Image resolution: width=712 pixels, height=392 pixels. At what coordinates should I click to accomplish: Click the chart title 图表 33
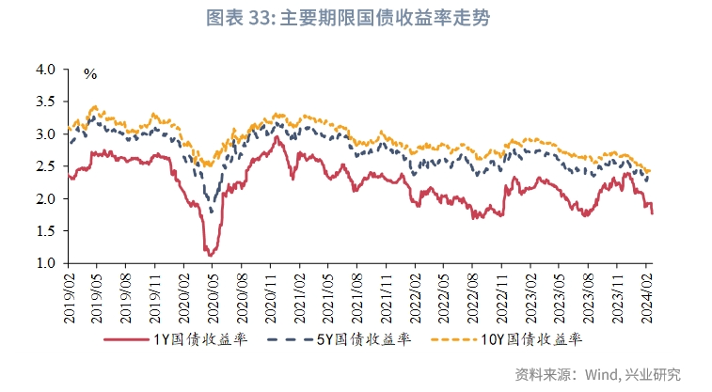tap(355, 17)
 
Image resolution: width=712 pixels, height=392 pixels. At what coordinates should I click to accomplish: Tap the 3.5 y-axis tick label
tap(46, 102)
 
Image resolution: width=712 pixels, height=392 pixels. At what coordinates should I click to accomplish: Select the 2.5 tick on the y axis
tap(46, 166)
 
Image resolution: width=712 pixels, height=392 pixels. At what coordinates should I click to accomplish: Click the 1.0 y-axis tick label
tap(46, 263)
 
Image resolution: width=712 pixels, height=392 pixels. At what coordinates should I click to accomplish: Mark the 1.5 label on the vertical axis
tap(46, 231)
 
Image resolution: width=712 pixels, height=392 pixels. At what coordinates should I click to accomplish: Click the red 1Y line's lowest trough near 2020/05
tap(210, 254)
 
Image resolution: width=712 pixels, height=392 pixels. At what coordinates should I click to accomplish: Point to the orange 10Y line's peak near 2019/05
tap(93, 107)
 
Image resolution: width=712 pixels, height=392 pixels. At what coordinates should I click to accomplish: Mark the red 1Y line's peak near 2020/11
tap(277, 137)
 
